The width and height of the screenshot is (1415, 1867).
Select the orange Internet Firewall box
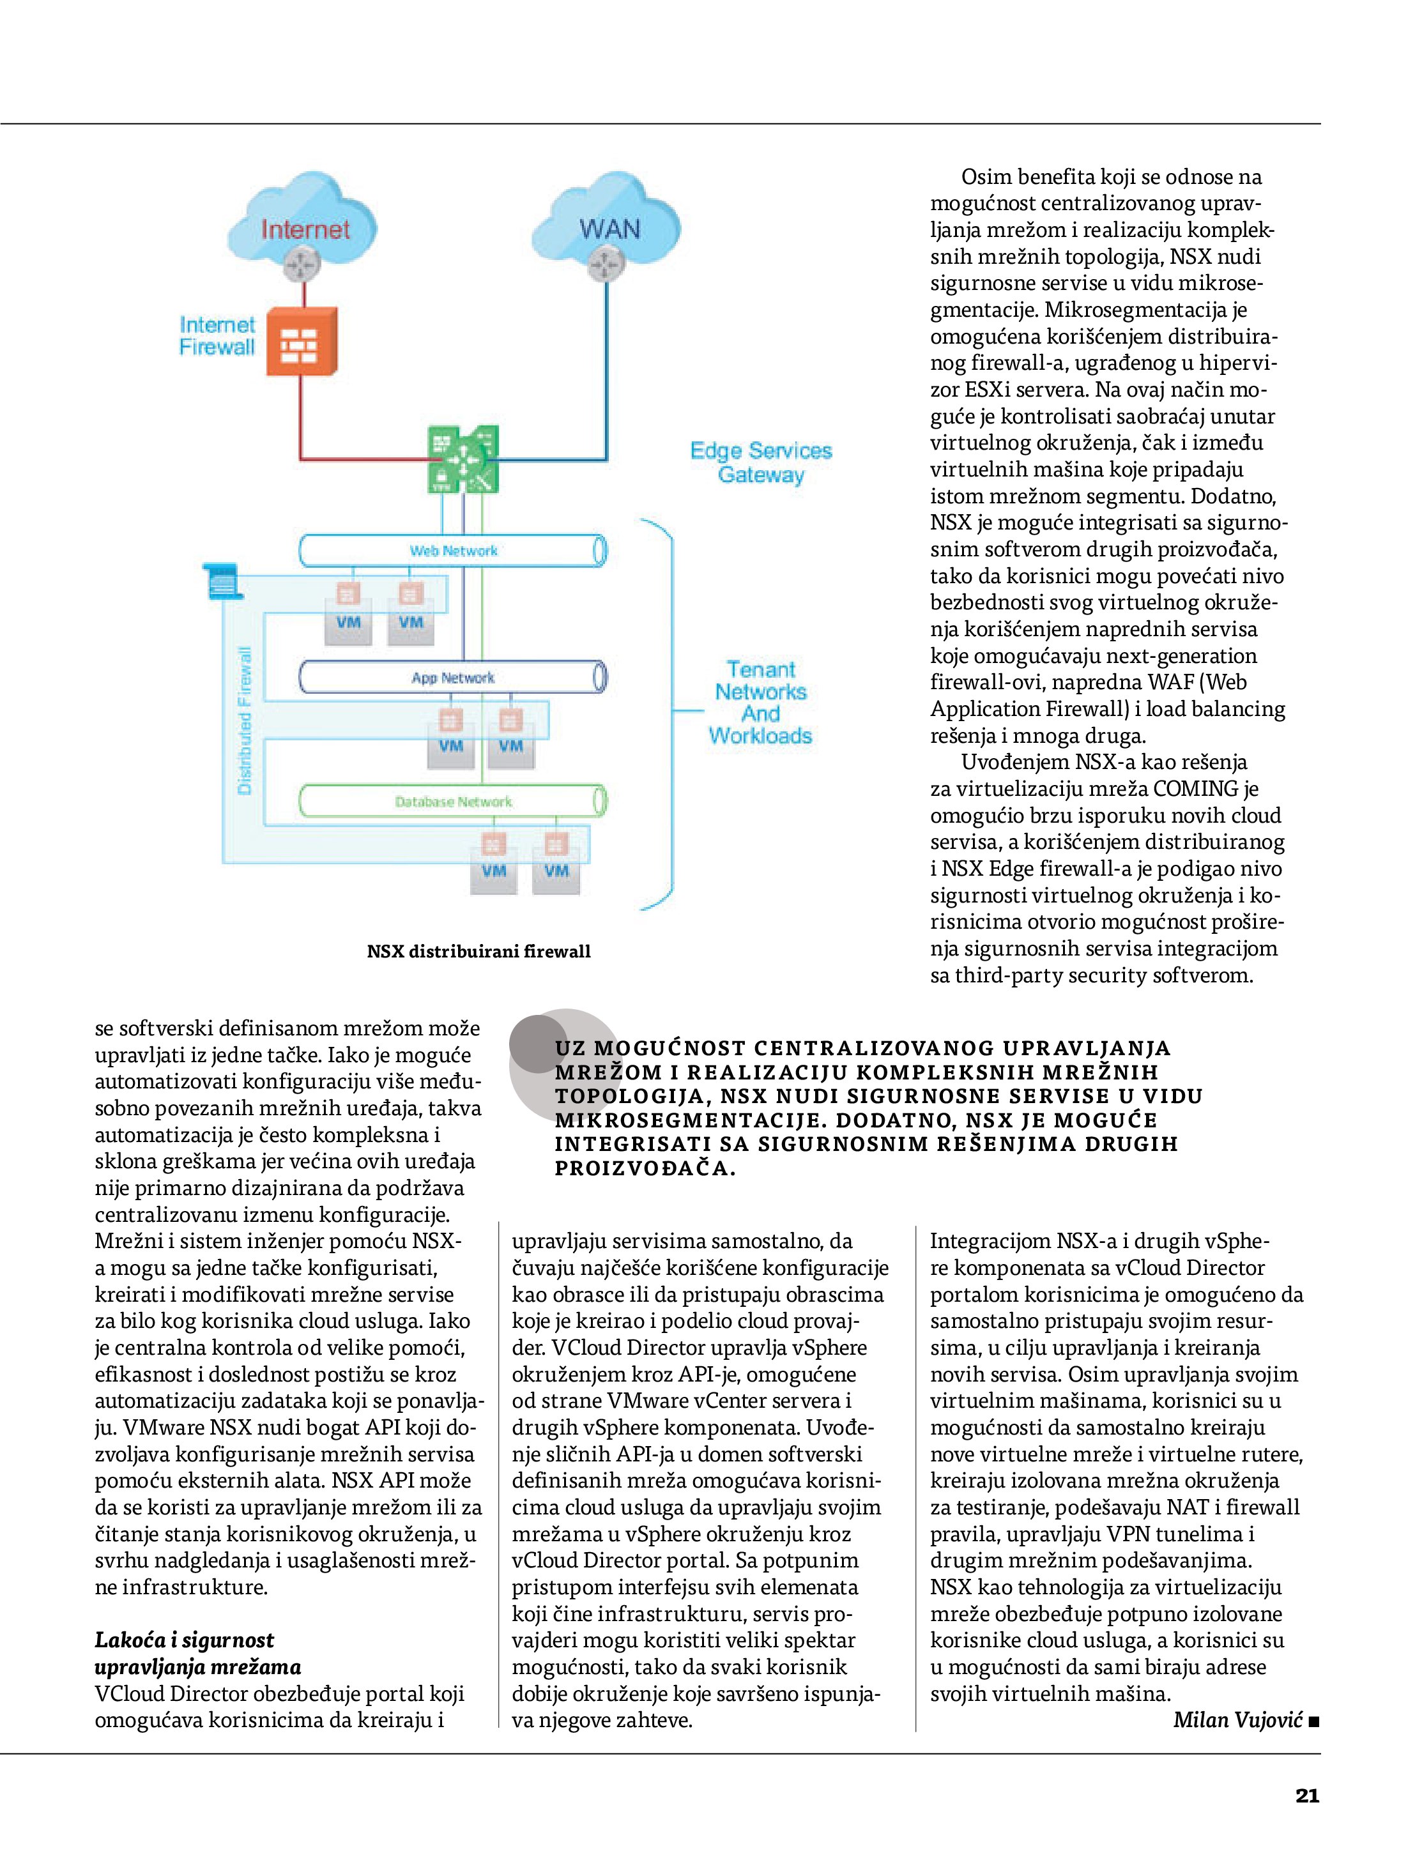302,342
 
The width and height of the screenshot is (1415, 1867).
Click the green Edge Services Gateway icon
464,459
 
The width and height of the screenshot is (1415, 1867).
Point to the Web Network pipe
454,551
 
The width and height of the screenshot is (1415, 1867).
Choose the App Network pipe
454,678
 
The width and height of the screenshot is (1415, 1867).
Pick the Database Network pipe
454,801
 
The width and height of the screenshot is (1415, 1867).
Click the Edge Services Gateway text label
761,462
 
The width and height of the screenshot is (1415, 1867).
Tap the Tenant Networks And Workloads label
761,702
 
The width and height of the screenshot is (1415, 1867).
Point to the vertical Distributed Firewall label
245,720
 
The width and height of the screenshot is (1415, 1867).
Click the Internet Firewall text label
217,336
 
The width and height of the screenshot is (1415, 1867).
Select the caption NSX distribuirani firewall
478,951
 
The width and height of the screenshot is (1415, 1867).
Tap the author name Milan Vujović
1237,1720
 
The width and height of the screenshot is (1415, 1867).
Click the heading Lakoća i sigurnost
185,1640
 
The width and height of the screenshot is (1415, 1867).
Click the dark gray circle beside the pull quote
538,1044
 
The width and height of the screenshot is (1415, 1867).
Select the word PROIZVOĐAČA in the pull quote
644,1168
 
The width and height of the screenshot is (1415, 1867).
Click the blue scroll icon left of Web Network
223,581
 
